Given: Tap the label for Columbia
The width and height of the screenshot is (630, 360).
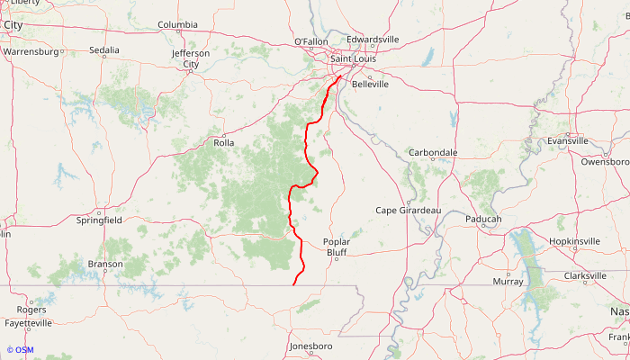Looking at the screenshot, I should pyautogui.click(x=177, y=25).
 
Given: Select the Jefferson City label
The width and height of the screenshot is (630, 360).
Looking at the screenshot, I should pyautogui.click(x=190, y=58).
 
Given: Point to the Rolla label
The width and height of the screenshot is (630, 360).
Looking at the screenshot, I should pyautogui.click(x=223, y=143).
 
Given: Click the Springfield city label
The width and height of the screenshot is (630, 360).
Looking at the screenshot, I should pyautogui.click(x=99, y=220).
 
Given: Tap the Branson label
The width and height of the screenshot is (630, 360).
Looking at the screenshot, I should pyautogui.click(x=105, y=264).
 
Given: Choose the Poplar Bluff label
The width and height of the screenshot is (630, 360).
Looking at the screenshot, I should pyautogui.click(x=336, y=247).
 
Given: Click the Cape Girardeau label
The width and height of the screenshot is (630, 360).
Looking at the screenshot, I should pyautogui.click(x=408, y=211).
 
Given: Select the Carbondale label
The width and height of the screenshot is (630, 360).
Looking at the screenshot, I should pyautogui.click(x=433, y=153).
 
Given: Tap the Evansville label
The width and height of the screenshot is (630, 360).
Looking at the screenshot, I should pyautogui.click(x=567, y=141).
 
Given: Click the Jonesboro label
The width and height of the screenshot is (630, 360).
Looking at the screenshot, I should pyautogui.click(x=310, y=346).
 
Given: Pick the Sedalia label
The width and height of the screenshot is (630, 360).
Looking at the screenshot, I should pyautogui.click(x=104, y=50).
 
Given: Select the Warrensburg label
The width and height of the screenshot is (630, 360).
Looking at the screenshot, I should pyautogui.click(x=31, y=52).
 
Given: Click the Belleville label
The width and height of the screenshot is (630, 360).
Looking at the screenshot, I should pyautogui.click(x=370, y=84).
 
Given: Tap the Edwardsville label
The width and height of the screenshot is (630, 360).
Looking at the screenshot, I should pyautogui.click(x=373, y=40).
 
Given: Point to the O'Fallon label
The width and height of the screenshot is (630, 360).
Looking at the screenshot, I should pyautogui.click(x=311, y=42).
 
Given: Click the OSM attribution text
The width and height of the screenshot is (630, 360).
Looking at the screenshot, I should pyautogui.click(x=20, y=350).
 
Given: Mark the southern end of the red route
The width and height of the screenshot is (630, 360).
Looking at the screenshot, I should pyautogui.click(x=294, y=285).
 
